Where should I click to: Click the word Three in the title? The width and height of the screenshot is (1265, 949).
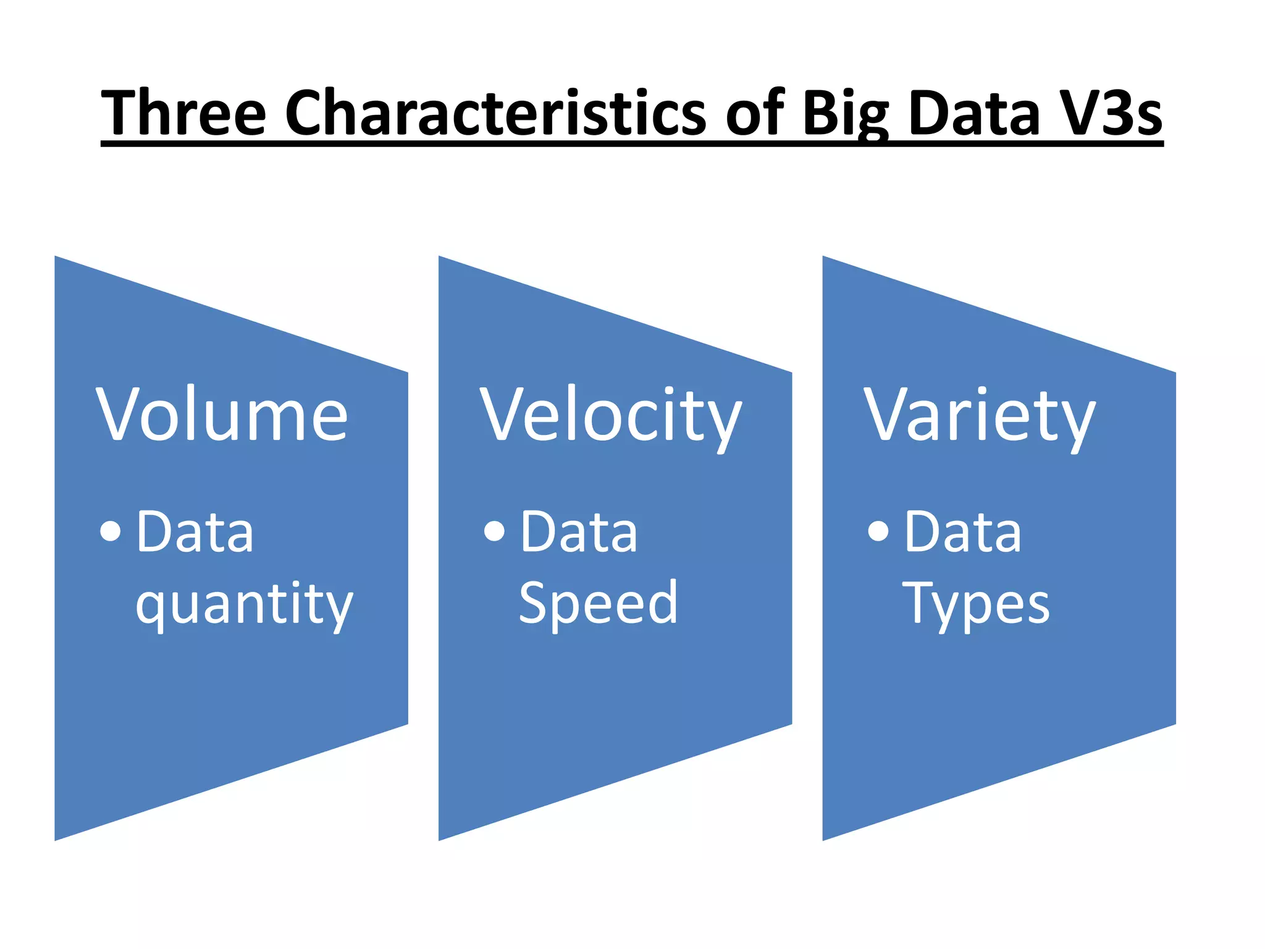pos(183,112)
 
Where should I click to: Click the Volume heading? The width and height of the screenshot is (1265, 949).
pos(222,414)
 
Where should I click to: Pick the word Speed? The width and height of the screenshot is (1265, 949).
pos(598,602)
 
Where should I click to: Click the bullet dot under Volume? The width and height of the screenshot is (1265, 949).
pos(111,530)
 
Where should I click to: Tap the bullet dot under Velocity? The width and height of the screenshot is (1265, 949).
pos(495,530)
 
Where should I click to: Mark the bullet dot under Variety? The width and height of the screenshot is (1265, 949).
pos(878,530)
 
